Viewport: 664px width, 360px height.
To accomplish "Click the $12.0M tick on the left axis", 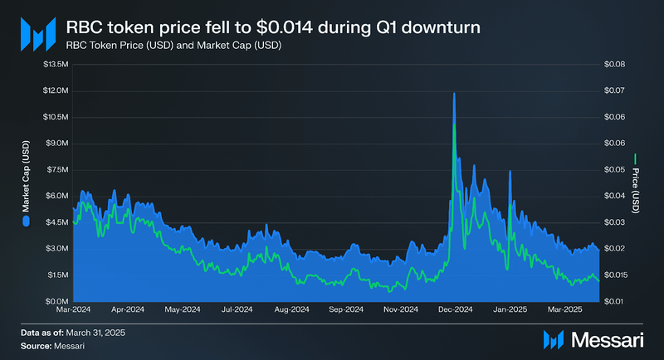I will click(x=56, y=90).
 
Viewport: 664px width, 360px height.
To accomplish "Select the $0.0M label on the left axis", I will click(x=57, y=301).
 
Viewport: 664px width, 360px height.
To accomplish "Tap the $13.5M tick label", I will click(x=56, y=64).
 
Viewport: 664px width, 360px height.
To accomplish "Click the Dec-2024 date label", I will click(x=455, y=310).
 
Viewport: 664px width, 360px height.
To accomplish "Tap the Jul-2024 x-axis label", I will click(x=237, y=310).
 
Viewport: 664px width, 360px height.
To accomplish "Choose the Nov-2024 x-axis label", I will click(x=402, y=310).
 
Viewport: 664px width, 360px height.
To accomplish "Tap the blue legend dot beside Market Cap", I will click(x=26, y=222).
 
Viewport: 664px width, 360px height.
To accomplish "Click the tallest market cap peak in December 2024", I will click(x=454, y=94).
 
